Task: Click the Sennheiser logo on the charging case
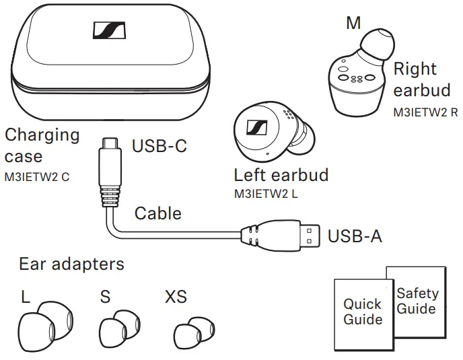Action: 109,30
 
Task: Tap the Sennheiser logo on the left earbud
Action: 256,128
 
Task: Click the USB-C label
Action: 159,145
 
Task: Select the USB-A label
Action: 355,236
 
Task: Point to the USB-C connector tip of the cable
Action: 110,143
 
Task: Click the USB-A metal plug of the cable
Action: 310,236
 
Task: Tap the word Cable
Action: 158,213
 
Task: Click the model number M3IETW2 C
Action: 37,177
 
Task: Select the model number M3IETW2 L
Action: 266,194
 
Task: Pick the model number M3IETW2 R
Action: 425,112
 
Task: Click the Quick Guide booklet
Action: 363,315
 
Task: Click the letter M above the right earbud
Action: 353,23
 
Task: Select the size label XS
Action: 176,297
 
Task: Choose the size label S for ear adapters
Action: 105,297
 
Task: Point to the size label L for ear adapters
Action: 26,297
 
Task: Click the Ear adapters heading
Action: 71,264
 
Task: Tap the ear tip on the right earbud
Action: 378,44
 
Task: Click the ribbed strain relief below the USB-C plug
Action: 110,196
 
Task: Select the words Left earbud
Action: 281,175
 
